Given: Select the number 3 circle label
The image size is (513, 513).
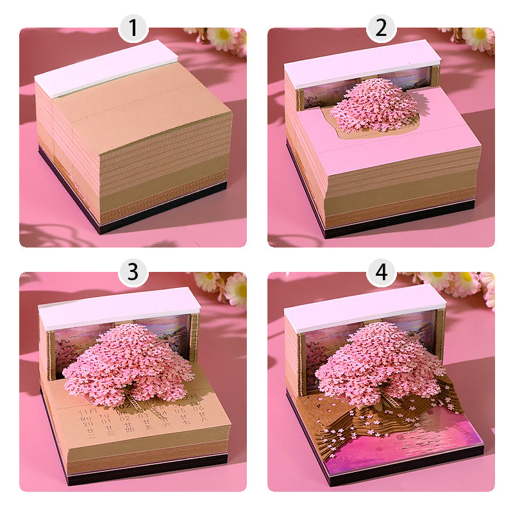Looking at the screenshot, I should click(x=133, y=272).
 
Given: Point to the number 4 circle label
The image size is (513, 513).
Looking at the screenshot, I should click(x=381, y=272).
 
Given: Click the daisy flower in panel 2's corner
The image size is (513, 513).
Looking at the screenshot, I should click(x=478, y=37).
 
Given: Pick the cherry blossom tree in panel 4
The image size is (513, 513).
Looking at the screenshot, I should click(x=378, y=362).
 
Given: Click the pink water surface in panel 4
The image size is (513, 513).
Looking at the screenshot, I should click(x=410, y=449).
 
